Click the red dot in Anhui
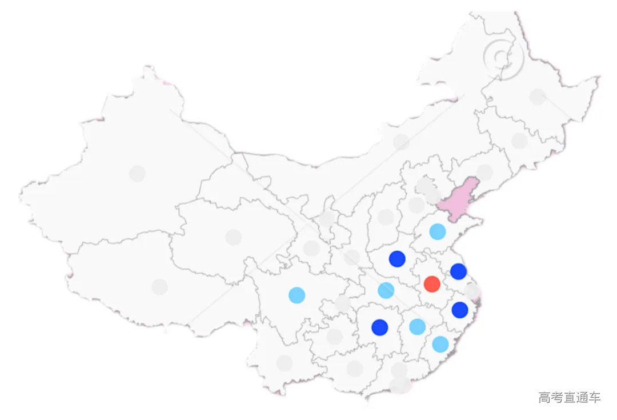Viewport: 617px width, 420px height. [x=432, y=284]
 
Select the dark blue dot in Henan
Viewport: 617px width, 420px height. [x=397, y=259]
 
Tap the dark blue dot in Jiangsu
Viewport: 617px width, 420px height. [x=458, y=271]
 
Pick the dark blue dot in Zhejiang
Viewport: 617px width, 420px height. [x=460, y=310]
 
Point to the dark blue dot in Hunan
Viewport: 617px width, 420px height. [x=380, y=327]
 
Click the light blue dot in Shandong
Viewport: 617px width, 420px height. [x=438, y=231]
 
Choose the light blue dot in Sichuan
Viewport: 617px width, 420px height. [x=297, y=295]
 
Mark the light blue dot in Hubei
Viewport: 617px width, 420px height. [x=386, y=290]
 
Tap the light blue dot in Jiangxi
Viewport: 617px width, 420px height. [x=418, y=327]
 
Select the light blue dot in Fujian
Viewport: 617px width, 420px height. [x=440, y=344]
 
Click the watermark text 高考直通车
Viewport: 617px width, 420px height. [x=569, y=397]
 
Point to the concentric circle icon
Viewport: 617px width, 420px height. [x=502, y=57]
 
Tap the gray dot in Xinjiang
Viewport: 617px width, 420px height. [x=137, y=173]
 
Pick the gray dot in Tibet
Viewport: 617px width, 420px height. [x=160, y=287]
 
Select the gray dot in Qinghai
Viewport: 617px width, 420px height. [x=233, y=237]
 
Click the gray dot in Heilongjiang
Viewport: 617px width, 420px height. [x=538, y=97]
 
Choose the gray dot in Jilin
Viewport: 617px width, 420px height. [x=520, y=141]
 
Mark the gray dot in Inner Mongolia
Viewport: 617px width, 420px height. [x=401, y=142]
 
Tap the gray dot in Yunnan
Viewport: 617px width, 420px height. [x=284, y=363]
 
